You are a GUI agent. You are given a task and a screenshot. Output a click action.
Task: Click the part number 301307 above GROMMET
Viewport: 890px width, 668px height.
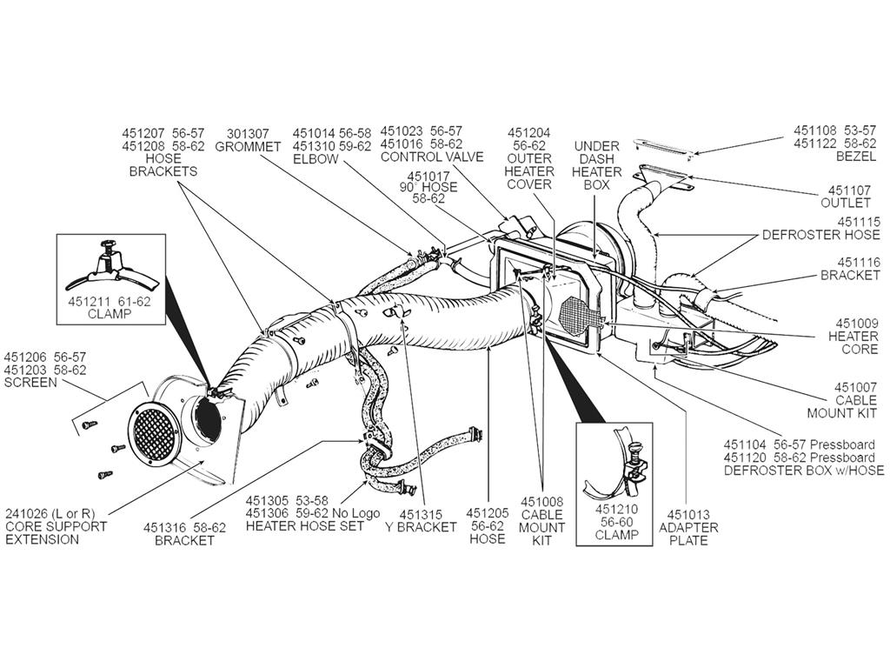click(248, 133)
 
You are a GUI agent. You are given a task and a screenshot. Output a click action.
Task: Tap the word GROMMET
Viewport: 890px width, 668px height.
click(248, 146)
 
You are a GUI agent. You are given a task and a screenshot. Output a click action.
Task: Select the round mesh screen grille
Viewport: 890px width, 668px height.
click(155, 434)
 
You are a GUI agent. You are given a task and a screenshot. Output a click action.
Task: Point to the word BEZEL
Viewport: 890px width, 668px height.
click(856, 157)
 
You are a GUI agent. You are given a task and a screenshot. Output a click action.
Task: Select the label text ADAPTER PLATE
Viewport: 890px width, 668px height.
click(688, 527)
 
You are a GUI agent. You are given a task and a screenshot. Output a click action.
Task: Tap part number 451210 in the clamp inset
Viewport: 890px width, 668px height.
click(616, 509)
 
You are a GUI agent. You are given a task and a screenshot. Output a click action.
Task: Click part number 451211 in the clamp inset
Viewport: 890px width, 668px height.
click(90, 302)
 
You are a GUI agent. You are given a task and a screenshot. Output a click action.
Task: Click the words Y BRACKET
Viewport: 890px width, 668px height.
click(421, 527)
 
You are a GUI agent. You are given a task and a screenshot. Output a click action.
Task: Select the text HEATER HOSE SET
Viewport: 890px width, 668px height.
click(305, 526)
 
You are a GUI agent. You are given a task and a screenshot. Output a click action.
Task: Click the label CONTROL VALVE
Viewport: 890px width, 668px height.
click(432, 157)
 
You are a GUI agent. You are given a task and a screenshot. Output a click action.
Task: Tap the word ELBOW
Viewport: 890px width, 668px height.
click(315, 159)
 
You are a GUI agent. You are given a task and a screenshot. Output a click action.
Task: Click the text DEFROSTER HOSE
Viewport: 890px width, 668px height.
click(820, 235)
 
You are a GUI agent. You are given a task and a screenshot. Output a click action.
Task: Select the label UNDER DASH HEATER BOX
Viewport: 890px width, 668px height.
click(596, 165)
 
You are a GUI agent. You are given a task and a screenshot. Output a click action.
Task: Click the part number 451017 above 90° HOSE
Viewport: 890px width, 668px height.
click(428, 177)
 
